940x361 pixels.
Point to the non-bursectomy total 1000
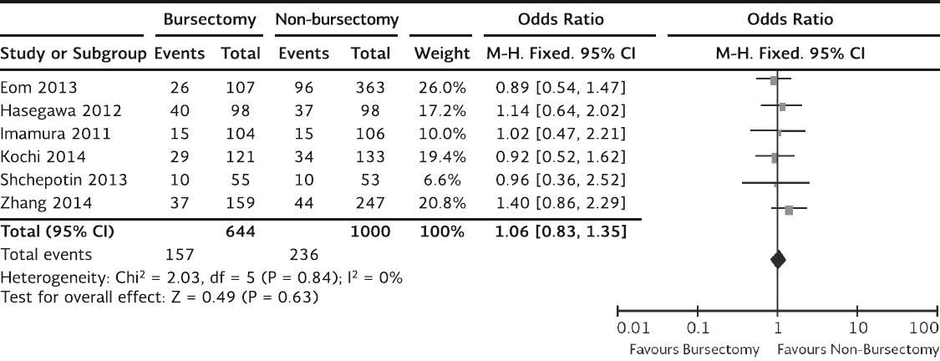click(x=369, y=231)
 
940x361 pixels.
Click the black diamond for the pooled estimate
click(x=778, y=260)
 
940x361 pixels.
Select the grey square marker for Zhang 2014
click(x=789, y=210)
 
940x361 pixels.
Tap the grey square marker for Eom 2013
click(x=774, y=81)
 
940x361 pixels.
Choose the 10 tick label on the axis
click(x=857, y=328)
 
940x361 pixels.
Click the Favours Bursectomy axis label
click(x=694, y=349)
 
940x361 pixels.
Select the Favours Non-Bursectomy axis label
click(x=858, y=349)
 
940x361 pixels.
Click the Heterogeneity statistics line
click(x=202, y=277)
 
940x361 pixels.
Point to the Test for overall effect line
click(x=160, y=297)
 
